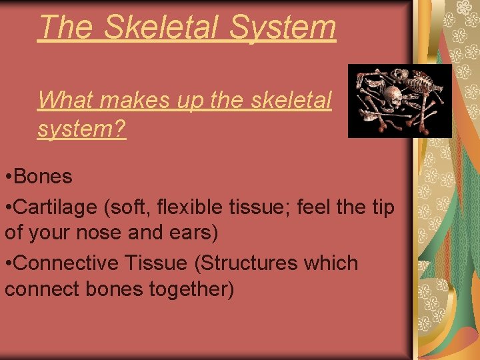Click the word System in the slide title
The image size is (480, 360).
pos(283,27)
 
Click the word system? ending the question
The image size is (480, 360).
pos(81,129)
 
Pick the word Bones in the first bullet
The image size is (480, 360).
pos(43,177)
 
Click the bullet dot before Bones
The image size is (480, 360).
pos(8,177)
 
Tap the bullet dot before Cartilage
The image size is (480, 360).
pos(8,207)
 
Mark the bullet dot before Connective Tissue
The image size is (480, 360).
pos(8,264)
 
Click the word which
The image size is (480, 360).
pos(331,263)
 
